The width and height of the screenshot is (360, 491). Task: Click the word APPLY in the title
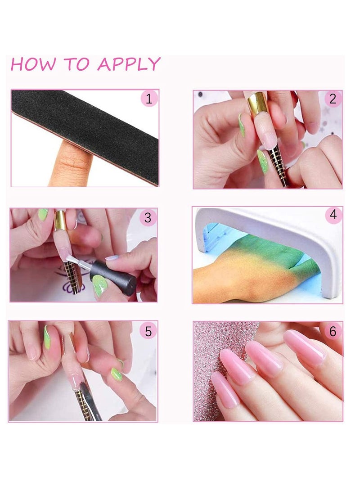click(x=129, y=64)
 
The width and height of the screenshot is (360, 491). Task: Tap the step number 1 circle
click(x=149, y=99)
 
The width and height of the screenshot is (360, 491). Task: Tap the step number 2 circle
click(x=333, y=99)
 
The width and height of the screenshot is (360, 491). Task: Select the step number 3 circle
click(x=148, y=218)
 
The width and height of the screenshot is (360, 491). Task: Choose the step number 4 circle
click(x=333, y=215)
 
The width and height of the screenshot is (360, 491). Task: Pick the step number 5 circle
click(x=148, y=331)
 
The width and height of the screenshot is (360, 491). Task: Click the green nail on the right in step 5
click(x=117, y=374)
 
